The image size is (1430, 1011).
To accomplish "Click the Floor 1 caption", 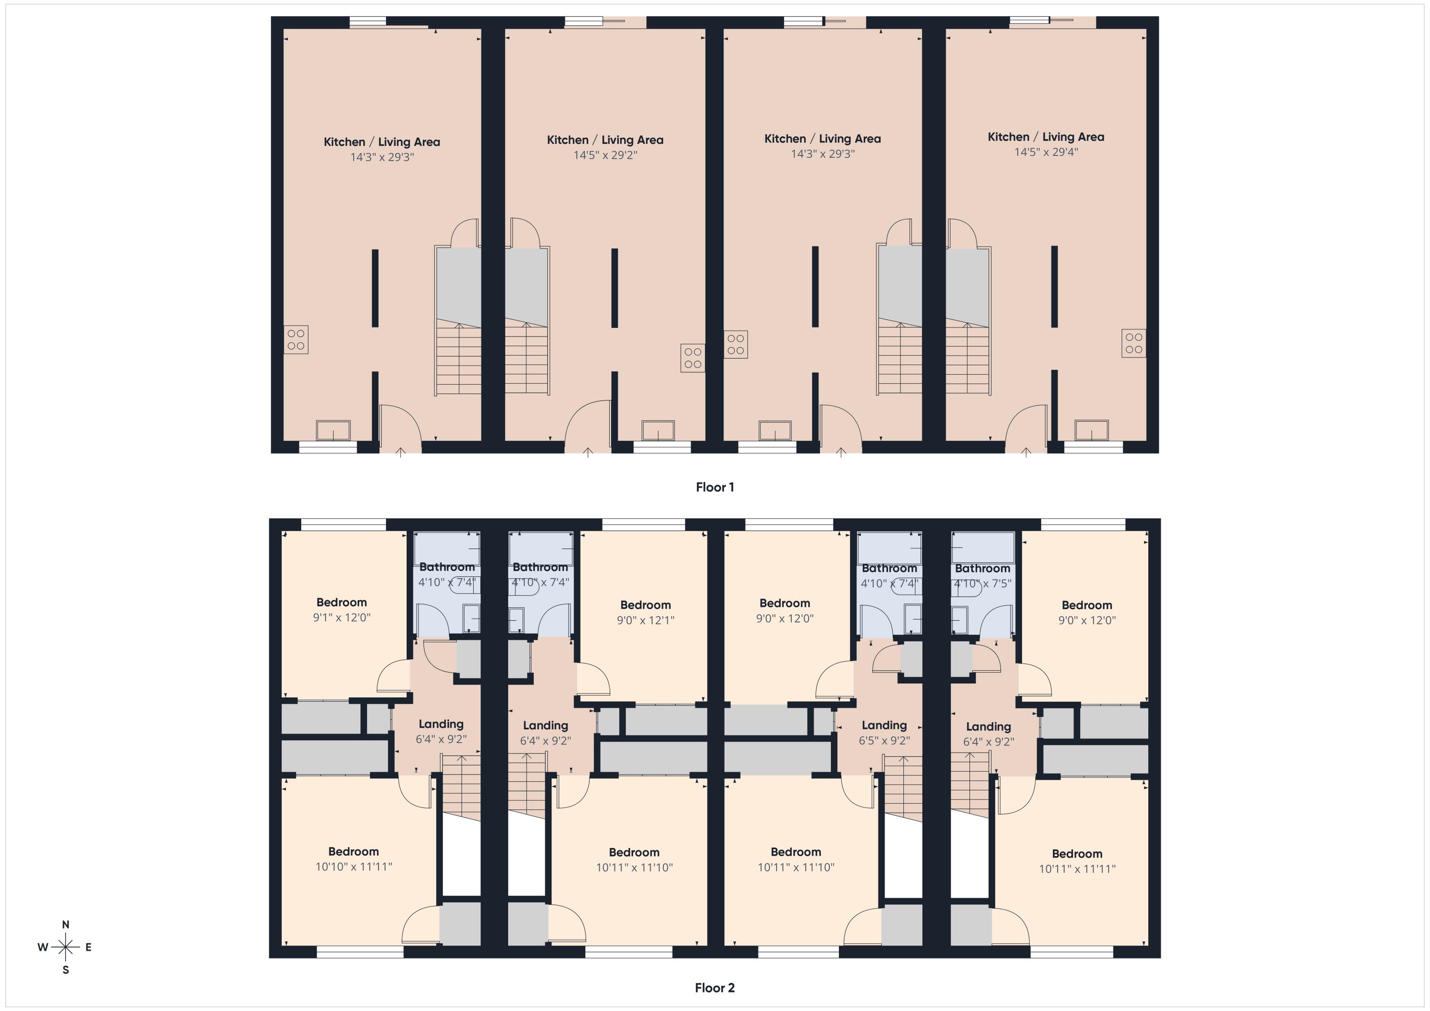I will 715,487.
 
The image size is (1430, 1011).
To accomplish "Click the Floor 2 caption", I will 715,988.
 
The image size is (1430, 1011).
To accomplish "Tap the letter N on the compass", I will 65,925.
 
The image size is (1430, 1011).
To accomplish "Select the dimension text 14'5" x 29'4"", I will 1046,152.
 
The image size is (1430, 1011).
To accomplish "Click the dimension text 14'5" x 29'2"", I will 605,155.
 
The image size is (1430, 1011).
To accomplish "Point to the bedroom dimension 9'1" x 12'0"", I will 341,617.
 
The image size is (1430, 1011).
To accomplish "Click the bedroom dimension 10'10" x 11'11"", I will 353,867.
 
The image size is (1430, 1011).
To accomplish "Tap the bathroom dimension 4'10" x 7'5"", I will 982,584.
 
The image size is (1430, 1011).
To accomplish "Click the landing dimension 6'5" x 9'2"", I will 884,741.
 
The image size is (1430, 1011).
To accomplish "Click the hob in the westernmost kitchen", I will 296,339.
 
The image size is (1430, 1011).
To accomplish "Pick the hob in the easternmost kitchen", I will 1134,343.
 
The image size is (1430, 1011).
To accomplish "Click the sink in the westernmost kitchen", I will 333,430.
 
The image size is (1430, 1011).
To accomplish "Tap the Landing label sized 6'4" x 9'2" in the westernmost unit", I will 441,724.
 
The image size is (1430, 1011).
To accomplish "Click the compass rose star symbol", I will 65,948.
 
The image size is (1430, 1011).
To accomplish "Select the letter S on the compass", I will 65,970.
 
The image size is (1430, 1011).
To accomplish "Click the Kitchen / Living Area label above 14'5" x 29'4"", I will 1046,137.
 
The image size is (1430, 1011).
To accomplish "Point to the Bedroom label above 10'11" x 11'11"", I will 1077,854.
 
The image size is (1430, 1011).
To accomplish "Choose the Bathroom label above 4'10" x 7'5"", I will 982,568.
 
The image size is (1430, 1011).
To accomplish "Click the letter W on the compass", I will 42,948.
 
